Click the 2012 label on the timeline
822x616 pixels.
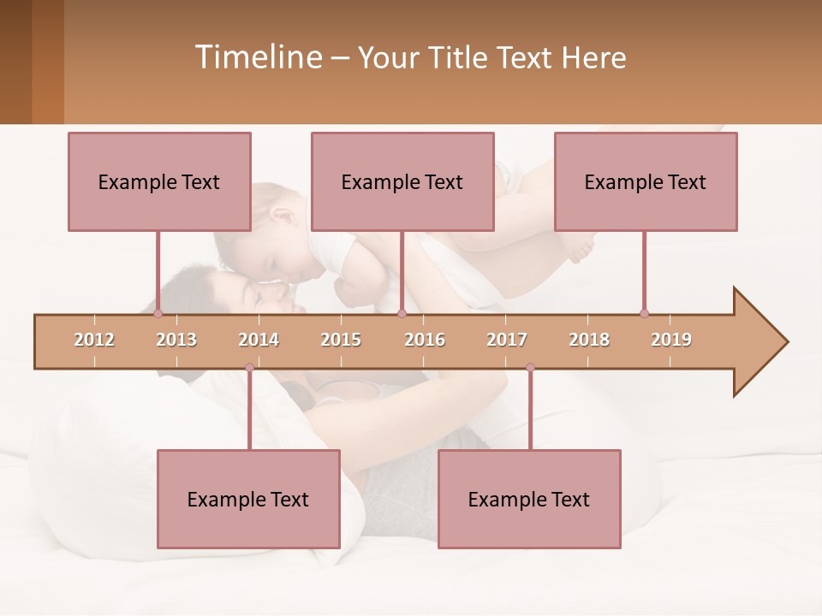(x=94, y=340)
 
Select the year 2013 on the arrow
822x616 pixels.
(x=176, y=340)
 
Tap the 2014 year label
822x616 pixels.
(x=259, y=340)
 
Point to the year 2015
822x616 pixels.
(x=341, y=340)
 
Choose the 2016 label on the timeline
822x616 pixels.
(x=425, y=340)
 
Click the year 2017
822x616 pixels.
(x=507, y=340)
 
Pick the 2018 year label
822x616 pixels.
(x=589, y=340)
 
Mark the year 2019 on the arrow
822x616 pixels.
(x=671, y=340)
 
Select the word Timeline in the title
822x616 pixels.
(x=257, y=57)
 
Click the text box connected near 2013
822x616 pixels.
(x=159, y=181)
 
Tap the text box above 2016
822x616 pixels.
(x=402, y=181)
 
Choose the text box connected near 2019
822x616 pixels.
(x=646, y=181)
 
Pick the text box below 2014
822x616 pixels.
(x=248, y=499)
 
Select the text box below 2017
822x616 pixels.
(x=529, y=499)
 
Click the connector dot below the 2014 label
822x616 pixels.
(x=249, y=368)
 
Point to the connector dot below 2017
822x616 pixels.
(x=530, y=368)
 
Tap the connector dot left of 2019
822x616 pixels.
(x=644, y=313)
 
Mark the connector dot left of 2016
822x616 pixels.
(x=402, y=313)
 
